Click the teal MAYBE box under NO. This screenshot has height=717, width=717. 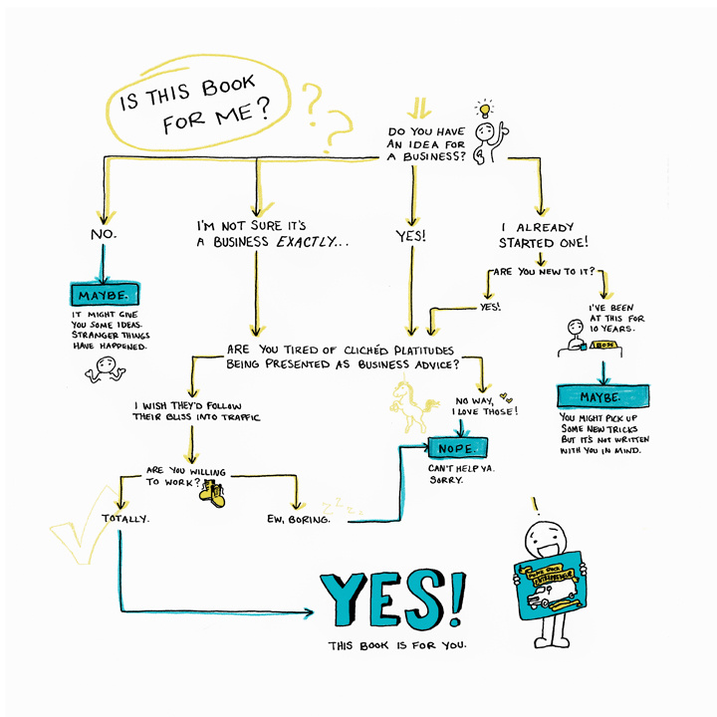(x=104, y=296)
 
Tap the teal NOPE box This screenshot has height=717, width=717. (x=457, y=447)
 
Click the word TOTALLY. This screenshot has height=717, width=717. (x=125, y=518)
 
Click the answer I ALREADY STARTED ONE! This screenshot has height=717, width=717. (x=543, y=234)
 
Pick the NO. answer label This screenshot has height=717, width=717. (x=104, y=234)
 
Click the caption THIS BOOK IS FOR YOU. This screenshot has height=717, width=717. (x=397, y=646)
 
